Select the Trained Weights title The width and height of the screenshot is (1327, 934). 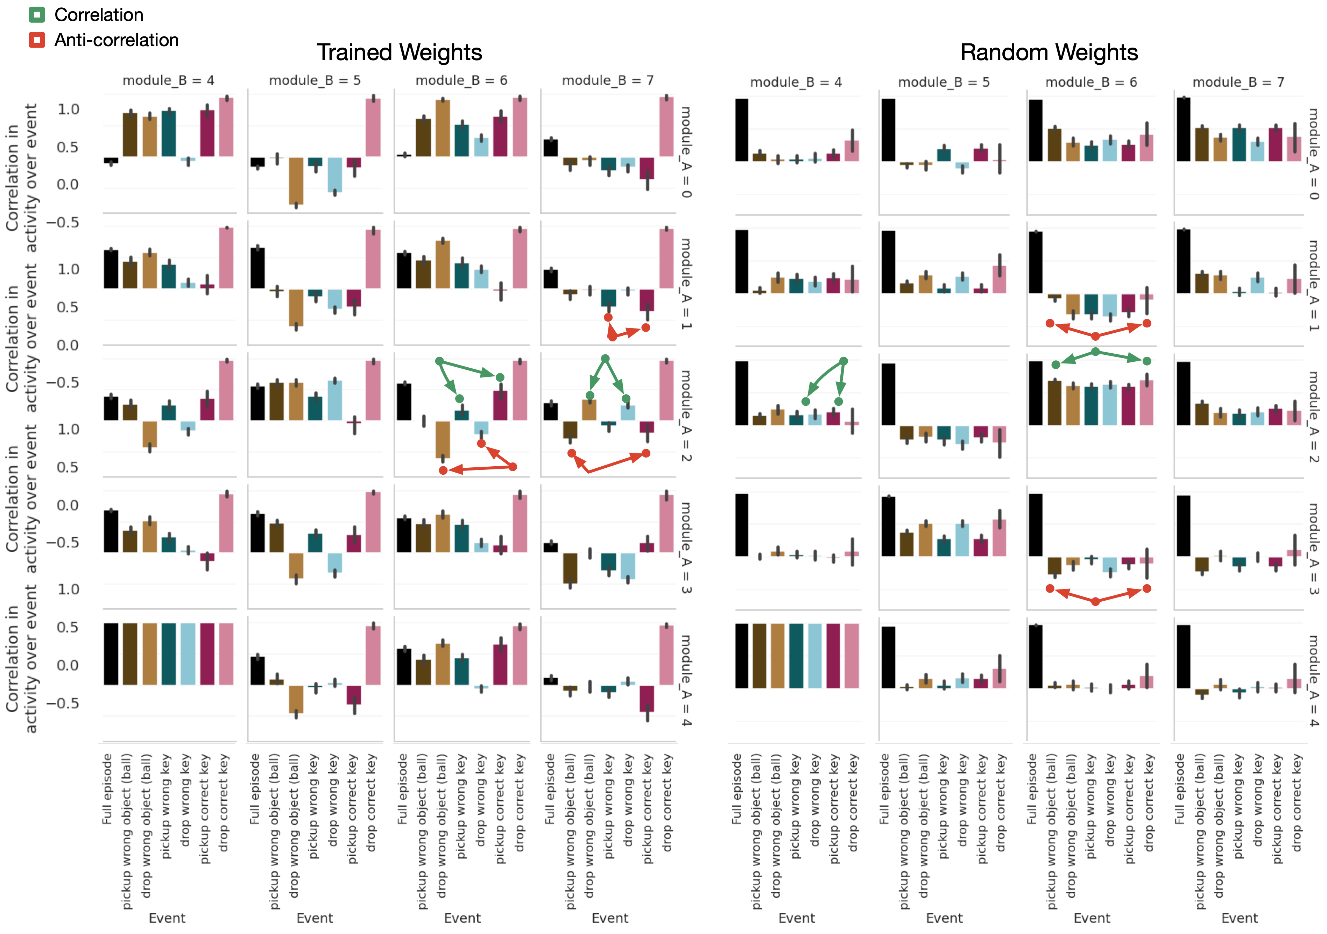[399, 52]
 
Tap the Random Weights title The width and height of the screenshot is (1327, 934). [1049, 52]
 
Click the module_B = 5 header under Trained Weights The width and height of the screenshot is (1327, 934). [315, 80]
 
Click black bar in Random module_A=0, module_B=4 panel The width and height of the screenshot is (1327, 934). [742, 130]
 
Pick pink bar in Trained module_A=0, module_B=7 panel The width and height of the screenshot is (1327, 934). [666, 127]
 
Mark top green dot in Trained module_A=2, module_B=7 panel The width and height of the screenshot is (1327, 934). [605, 359]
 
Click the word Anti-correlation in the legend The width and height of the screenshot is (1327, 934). [116, 40]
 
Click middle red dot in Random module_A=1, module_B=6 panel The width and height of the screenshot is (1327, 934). [1095, 336]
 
